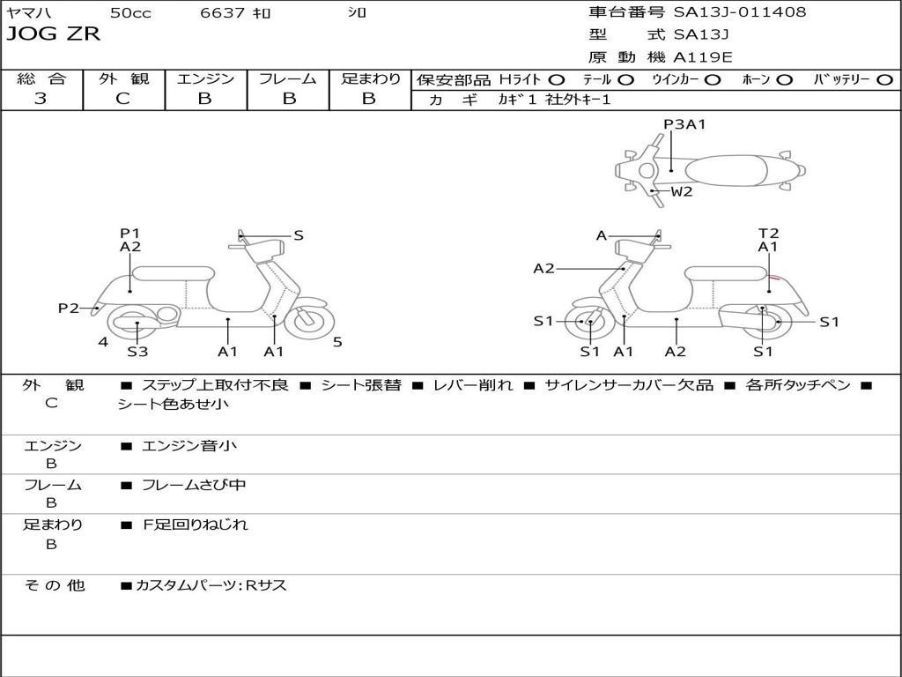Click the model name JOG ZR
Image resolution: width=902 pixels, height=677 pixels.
tap(54, 34)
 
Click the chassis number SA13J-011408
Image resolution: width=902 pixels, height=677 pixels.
tap(740, 12)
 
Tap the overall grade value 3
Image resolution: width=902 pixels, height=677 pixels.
tap(41, 99)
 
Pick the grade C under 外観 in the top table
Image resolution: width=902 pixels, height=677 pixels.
tap(123, 99)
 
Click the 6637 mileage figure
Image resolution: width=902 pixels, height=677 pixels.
tap(222, 12)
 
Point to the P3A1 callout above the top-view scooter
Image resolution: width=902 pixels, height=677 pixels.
tap(684, 124)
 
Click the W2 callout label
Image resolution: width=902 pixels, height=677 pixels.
tap(682, 191)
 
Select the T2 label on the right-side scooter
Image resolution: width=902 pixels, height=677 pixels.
tap(768, 233)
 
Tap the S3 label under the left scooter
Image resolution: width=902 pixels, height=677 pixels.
tap(137, 351)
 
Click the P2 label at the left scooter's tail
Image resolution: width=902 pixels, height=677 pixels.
tap(69, 309)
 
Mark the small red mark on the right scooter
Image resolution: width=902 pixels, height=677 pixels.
tap(774, 278)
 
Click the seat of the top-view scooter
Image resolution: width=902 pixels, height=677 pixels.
tap(726, 171)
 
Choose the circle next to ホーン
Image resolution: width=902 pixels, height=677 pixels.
tap(784, 80)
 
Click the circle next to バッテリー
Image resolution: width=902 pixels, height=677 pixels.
tap(884, 80)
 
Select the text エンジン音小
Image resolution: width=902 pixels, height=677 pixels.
tap(189, 445)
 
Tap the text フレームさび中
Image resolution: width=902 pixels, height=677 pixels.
tap(194, 486)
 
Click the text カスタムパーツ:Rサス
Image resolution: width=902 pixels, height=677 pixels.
tap(211, 585)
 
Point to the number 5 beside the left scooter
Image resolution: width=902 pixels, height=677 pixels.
tap(337, 343)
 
